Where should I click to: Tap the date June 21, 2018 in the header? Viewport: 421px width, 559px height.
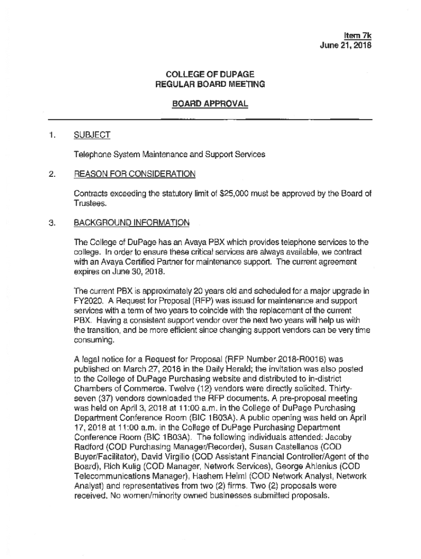tap(346, 46)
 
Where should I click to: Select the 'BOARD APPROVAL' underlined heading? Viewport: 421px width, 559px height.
tap(210, 103)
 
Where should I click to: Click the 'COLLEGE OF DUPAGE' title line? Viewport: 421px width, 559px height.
tap(210, 74)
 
